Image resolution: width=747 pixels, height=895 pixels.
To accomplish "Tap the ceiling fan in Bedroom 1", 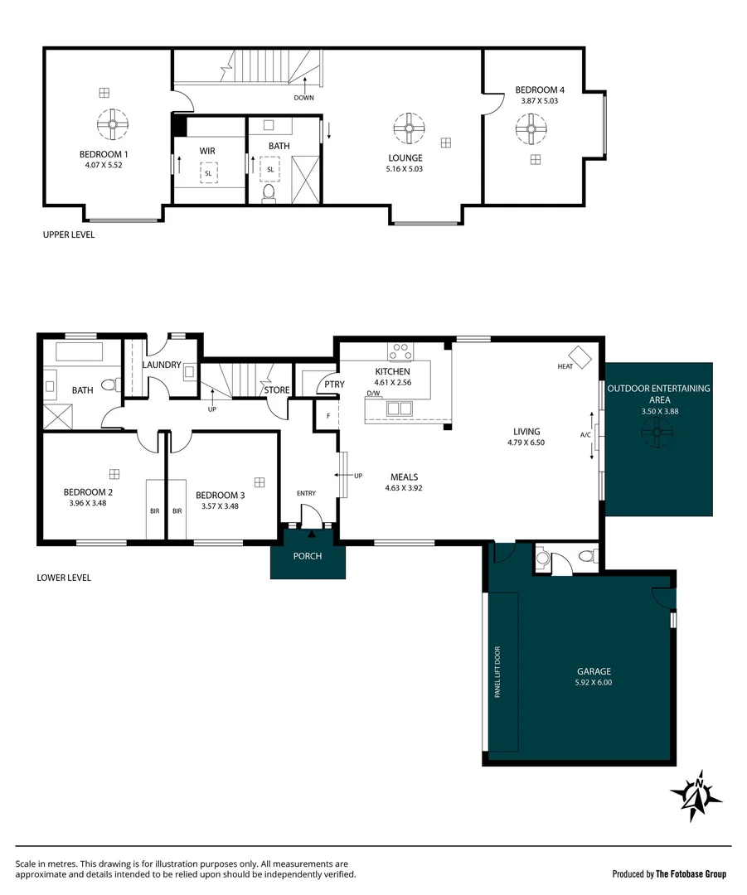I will (x=110, y=125).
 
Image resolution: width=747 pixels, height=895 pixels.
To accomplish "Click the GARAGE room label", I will (x=594, y=672).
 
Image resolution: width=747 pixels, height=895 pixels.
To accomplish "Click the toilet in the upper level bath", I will (x=268, y=194).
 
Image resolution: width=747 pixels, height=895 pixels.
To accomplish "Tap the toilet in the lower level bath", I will (x=109, y=385).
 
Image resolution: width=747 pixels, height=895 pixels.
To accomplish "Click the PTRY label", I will (x=334, y=385).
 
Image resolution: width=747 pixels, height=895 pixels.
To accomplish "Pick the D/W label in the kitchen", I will (x=372, y=394).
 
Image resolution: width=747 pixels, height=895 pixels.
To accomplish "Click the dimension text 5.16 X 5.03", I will (x=405, y=169).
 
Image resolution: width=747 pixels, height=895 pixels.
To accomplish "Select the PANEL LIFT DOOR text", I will (x=498, y=672).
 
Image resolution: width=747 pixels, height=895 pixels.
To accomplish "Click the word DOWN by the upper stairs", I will (x=304, y=98).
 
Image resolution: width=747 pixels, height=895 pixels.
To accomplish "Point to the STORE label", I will (x=277, y=389).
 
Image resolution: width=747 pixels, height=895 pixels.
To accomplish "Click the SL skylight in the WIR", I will (x=208, y=172).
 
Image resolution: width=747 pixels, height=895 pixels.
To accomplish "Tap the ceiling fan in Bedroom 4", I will (x=531, y=128).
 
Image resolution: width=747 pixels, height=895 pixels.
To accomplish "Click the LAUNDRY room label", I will (x=162, y=365).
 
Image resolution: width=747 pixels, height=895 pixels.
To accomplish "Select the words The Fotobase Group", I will (x=691, y=873).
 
